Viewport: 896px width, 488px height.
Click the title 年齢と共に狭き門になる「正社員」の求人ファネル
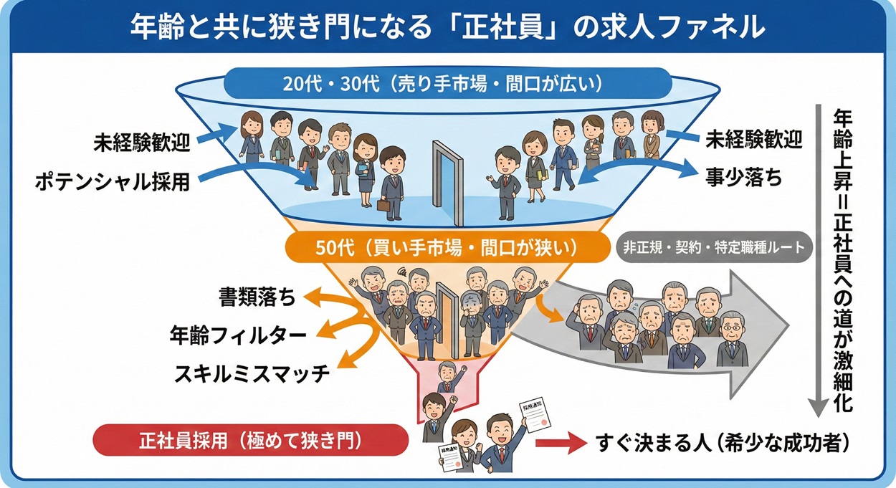448,27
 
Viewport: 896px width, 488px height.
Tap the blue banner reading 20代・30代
448,84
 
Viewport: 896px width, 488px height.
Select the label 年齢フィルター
238,335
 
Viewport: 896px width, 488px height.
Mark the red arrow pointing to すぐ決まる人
561,444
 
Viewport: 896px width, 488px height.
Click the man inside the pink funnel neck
447,376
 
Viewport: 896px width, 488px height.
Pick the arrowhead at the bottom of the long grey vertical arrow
816,408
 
